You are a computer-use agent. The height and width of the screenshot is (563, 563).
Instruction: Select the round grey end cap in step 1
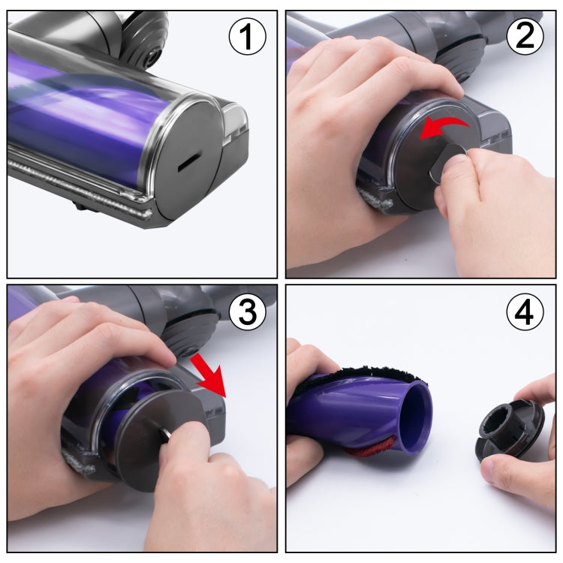point(188,161)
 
